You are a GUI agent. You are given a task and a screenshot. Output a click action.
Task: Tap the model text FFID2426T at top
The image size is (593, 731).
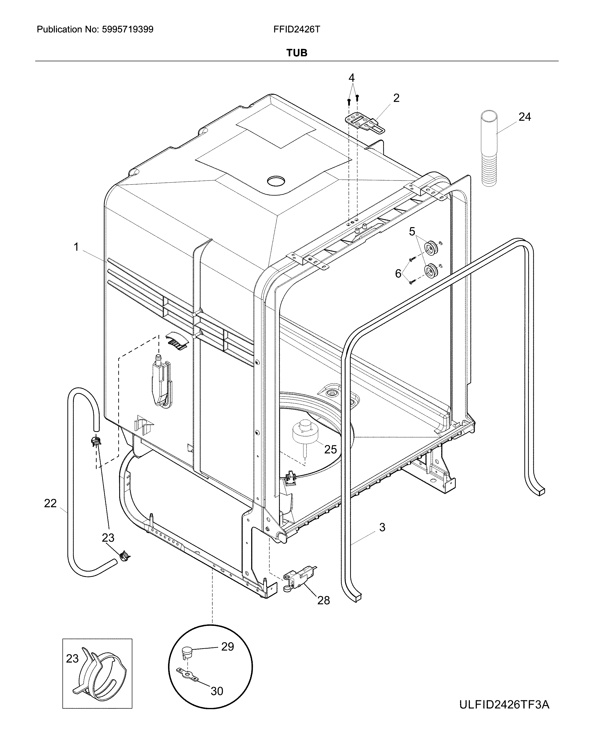tap(296, 30)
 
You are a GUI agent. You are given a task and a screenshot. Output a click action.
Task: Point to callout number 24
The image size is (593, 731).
tap(525, 117)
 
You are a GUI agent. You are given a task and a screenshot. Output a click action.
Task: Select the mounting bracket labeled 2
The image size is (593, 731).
tap(364, 122)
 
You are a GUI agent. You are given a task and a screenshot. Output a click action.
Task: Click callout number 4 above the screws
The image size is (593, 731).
tap(351, 78)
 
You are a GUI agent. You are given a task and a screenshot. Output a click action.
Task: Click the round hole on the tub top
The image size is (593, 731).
tap(275, 181)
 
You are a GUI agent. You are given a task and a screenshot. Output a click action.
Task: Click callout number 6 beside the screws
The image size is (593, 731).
tap(398, 274)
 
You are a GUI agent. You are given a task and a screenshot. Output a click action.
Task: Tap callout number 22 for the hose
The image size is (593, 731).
tap(50, 503)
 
